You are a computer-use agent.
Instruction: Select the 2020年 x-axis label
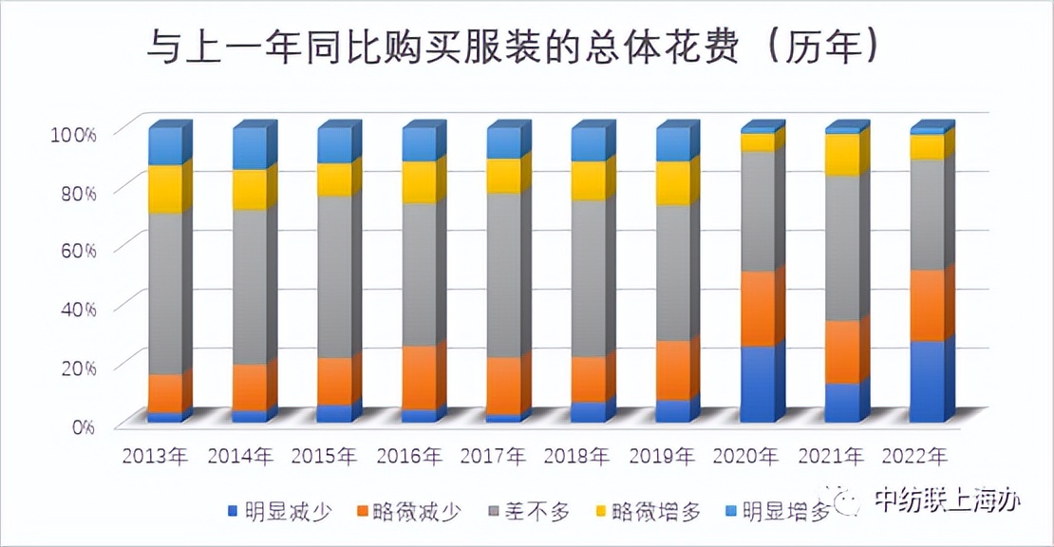pos(748,456)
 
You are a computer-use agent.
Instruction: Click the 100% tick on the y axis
pos(72,133)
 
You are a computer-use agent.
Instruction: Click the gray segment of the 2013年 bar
pos(165,293)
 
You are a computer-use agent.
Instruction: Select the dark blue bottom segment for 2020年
pos(757,385)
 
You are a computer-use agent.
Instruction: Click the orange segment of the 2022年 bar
pos(927,305)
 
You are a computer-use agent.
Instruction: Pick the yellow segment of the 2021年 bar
pos(842,155)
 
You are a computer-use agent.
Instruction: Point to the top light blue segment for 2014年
pos(250,149)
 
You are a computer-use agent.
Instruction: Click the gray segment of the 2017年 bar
pos(503,275)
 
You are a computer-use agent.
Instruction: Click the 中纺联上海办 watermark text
pos(946,500)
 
